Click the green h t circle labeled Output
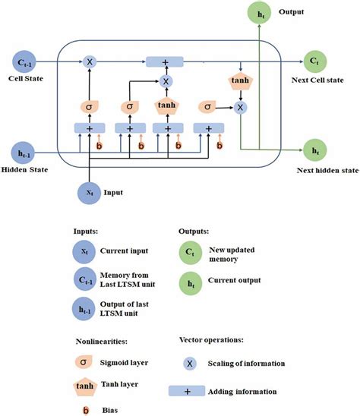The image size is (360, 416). (260, 14)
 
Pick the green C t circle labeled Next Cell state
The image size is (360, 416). (313, 60)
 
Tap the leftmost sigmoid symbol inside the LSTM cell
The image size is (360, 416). (90, 109)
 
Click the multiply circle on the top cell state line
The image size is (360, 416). (90, 60)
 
